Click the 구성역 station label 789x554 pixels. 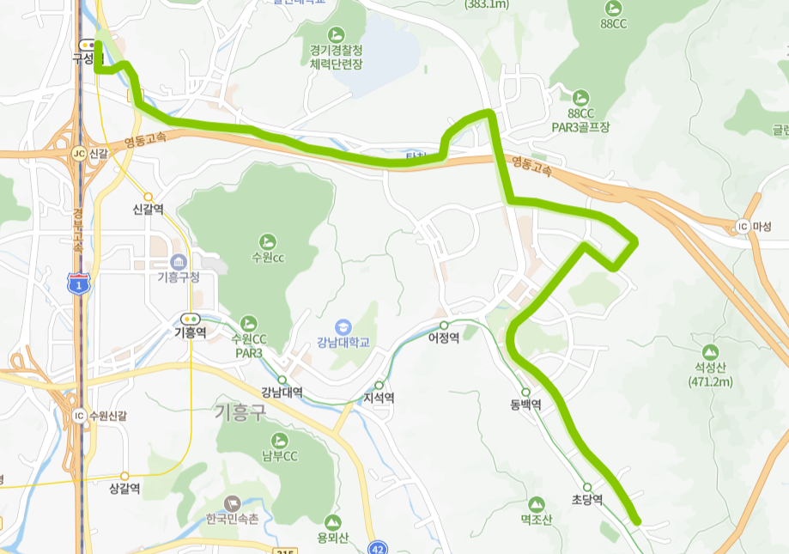click(x=87, y=58)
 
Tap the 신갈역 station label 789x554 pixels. click(x=148, y=210)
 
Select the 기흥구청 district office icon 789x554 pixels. click(x=179, y=261)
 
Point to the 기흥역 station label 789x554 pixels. click(x=190, y=332)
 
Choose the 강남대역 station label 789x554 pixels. click(x=282, y=393)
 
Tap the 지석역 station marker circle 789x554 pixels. click(x=379, y=385)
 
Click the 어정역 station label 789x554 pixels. click(x=444, y=338)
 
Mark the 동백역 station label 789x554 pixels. click(x=525, y=405)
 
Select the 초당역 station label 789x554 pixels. click(x=587, y=499)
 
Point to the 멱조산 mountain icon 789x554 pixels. click(x=537, y=503)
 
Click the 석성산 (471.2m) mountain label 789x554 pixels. click(x=710, y=375)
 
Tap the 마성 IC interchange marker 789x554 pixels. click(x=743, y=227)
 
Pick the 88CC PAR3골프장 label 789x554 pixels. click(x=580, y=120)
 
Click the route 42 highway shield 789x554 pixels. click(x=378, y=548)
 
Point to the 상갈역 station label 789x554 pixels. click(x=124, y=488)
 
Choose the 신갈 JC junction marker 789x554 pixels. click(x=79, y=153)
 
